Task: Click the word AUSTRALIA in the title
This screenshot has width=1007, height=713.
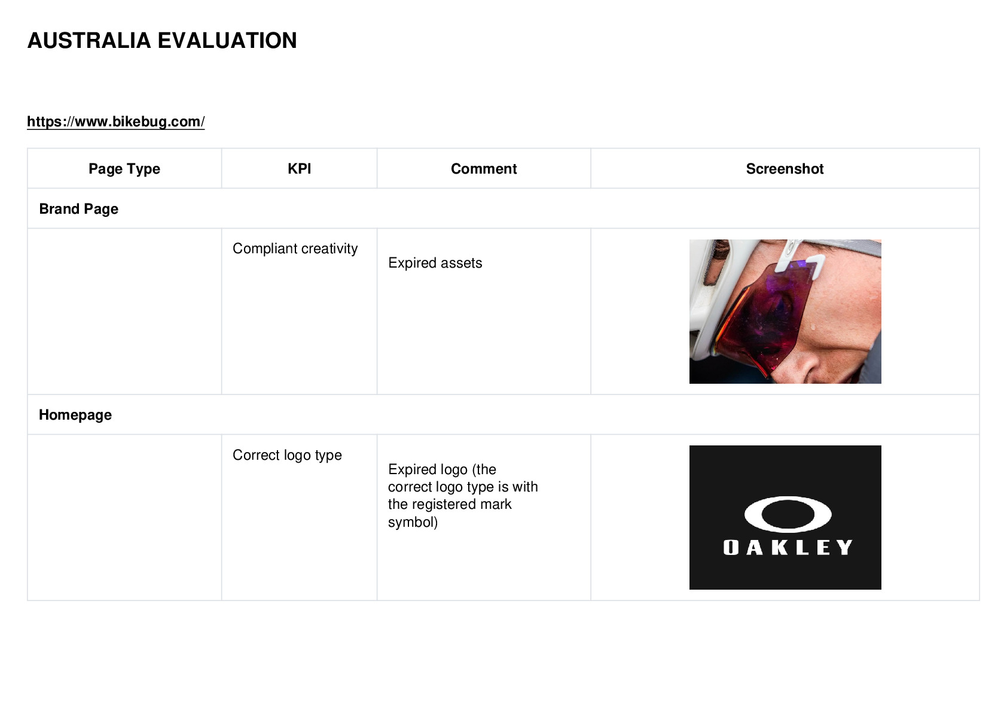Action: tap(89, 41)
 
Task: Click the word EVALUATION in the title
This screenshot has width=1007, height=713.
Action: tap(227, 41)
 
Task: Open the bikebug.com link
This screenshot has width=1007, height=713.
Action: tap(116, 122)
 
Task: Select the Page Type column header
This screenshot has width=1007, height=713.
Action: tap(124, 169)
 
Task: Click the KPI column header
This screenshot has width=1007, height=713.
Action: tap(300, 169)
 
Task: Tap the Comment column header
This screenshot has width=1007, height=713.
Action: tap(484, 169)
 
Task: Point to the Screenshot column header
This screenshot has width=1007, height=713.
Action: tap(785, 169)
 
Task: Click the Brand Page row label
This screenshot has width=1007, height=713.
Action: tap(79, 209)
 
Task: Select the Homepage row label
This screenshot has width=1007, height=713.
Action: tap(75, 415)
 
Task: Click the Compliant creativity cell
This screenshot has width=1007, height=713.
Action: tap(295, 248)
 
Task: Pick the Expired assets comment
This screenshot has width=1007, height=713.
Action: tap(435, 263)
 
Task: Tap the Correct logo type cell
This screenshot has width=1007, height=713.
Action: tap(287, 455)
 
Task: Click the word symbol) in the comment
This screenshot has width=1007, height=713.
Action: tap(413, 522)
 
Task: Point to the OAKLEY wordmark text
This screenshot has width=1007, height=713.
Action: tap(788, 547)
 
